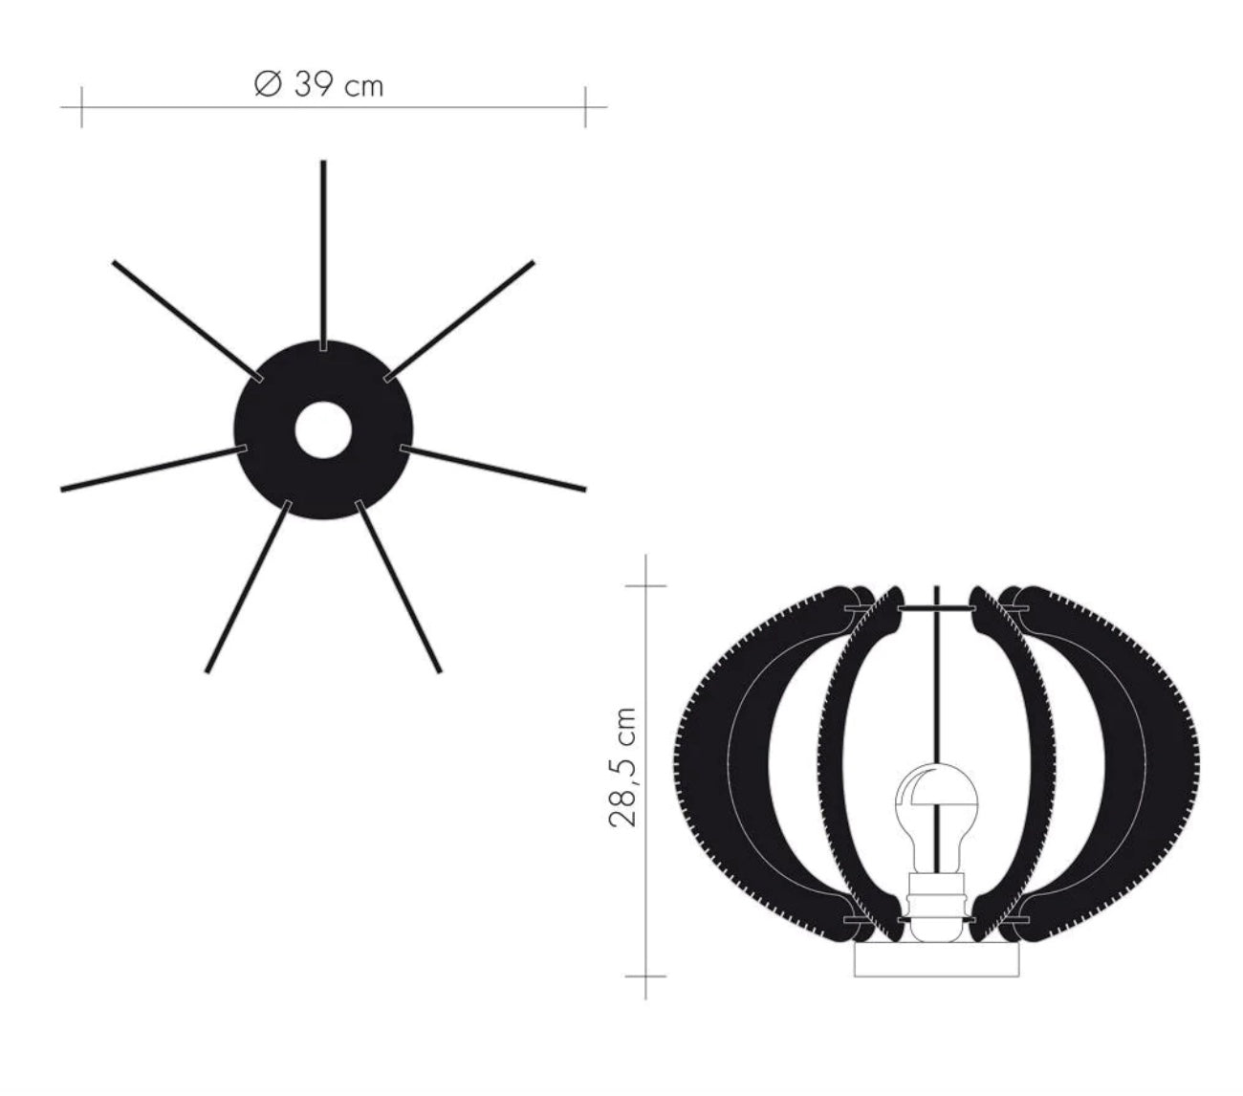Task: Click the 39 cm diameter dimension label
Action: pos(318,85)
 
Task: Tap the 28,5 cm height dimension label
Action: pos(622,767)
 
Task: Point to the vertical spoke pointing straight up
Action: pos(323,249)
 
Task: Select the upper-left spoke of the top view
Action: pos(182,315)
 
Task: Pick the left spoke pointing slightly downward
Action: pos(148,469)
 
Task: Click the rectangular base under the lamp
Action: pos(936,961)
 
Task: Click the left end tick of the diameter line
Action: pos(81,106)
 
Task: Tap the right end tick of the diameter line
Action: pos(585,106)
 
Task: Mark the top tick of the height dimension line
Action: pos(646,584)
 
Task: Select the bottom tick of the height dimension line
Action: pos(646,975)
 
